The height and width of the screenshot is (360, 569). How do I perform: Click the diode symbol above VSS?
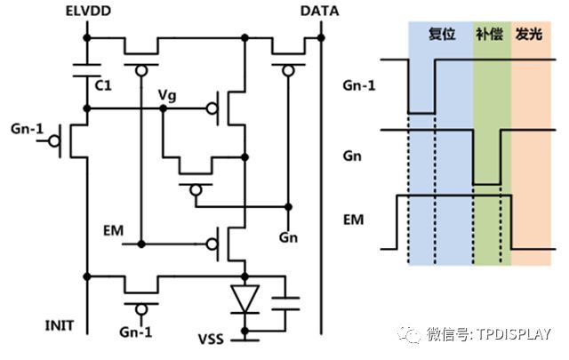(244, 298)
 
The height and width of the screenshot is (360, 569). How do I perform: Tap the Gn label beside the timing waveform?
(352, 155)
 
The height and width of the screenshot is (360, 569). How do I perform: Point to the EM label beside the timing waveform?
(353, 217)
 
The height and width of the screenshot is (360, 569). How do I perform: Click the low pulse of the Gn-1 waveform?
(421, 112)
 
